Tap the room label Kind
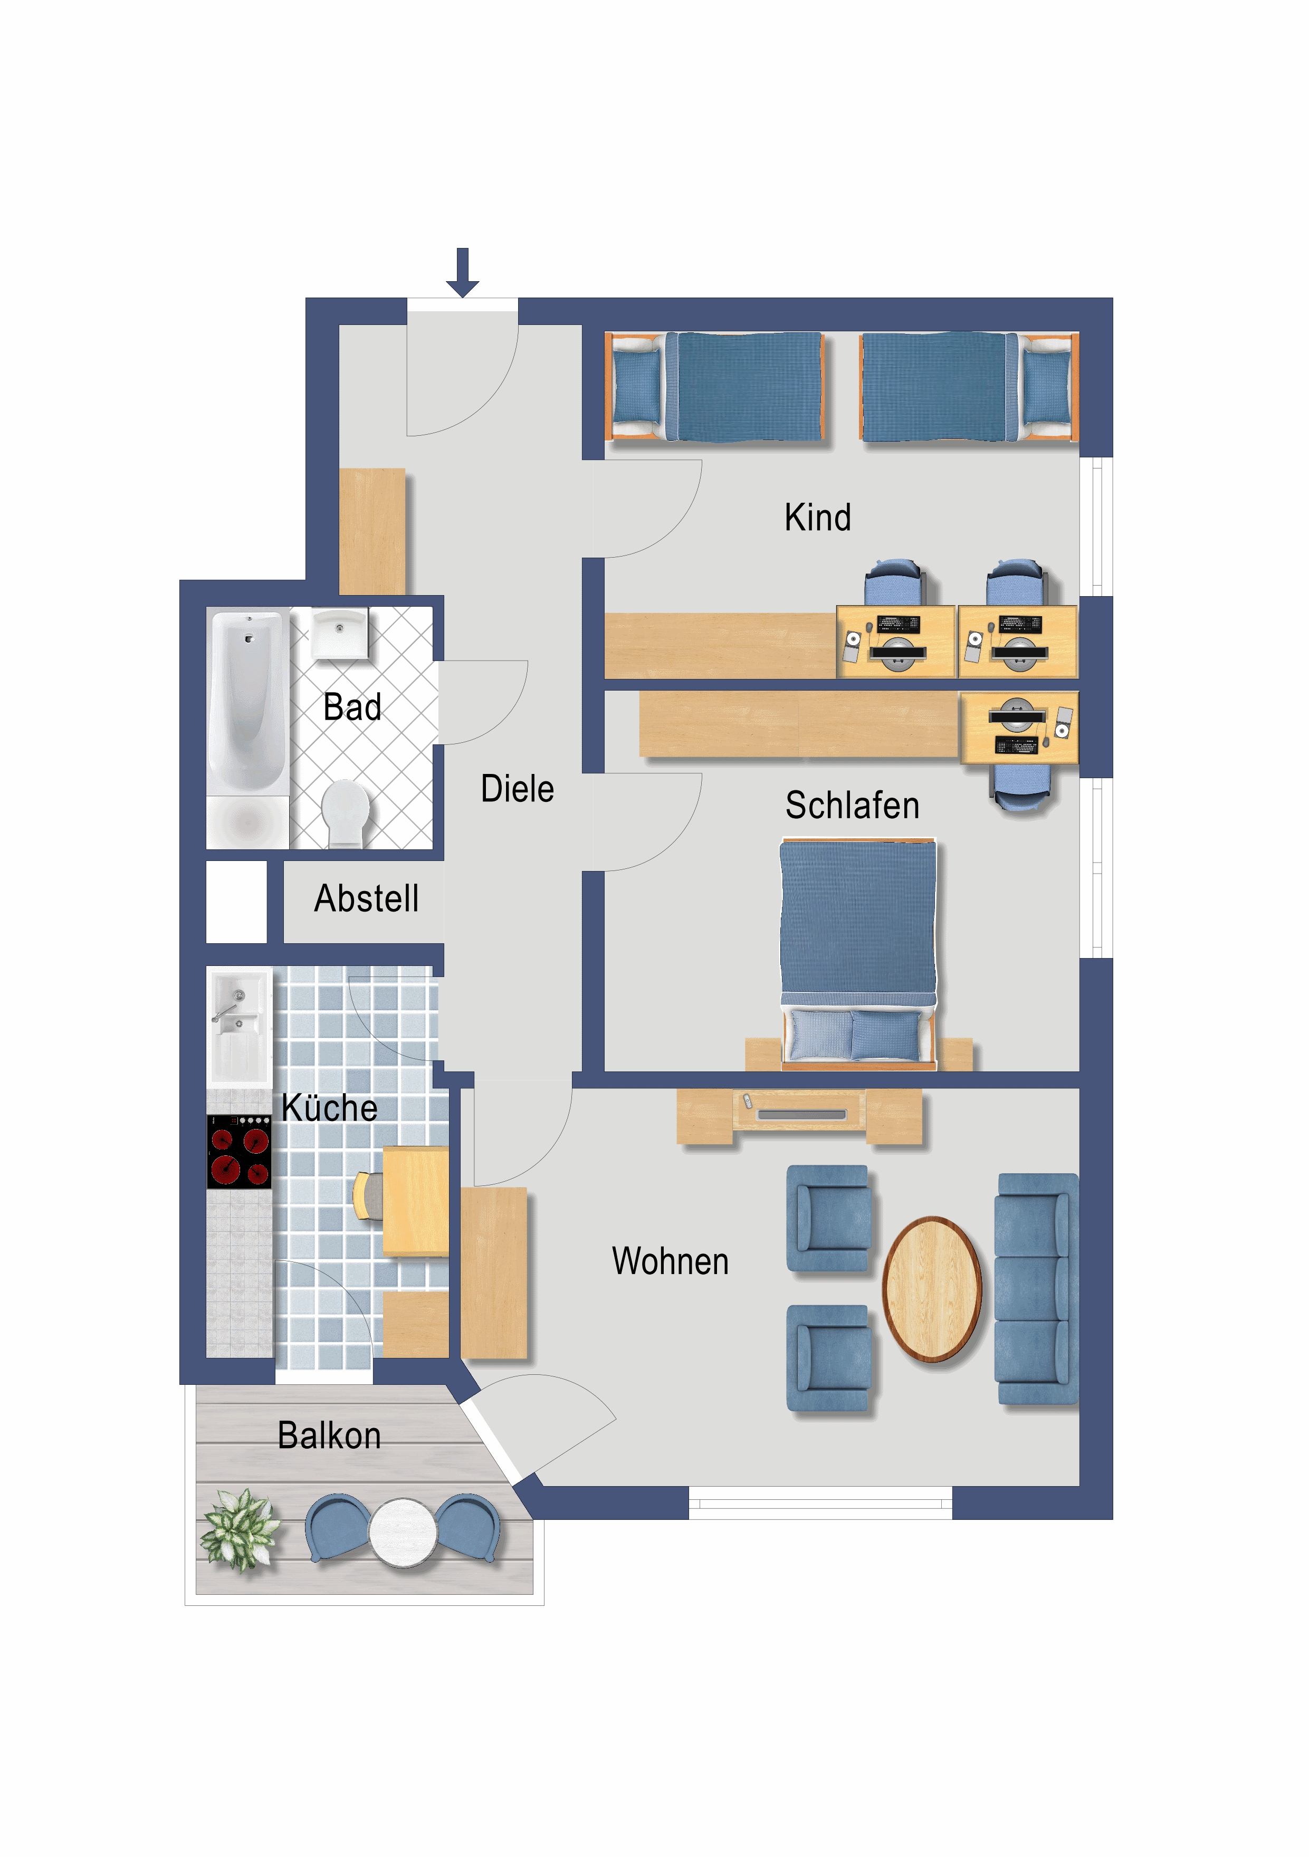[817, 518]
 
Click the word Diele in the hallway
[517, 789]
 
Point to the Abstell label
[367, 898]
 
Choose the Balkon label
[329, 1435]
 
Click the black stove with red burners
[238, 1152]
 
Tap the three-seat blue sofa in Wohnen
[1036, 1289]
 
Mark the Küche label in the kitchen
[329, 1107]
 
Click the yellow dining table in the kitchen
[416, 1200]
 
